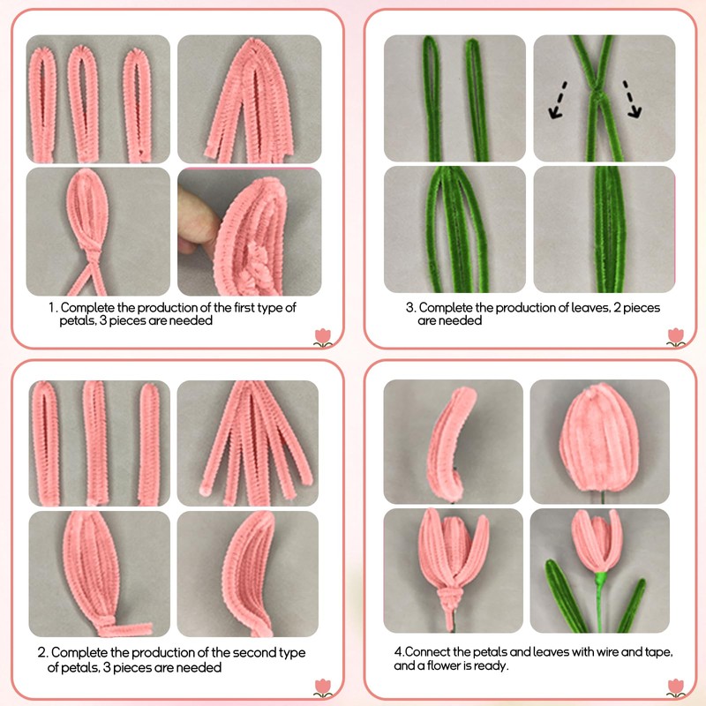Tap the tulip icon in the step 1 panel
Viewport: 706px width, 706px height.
[x=324, y=336]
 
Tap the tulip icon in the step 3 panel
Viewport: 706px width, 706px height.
[x=677, y=336]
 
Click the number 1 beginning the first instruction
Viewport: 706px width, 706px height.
[x=52, y=307]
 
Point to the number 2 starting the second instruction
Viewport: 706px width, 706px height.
[x=42, y=653]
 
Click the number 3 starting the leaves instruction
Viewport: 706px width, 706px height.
[x=409, y=307]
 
